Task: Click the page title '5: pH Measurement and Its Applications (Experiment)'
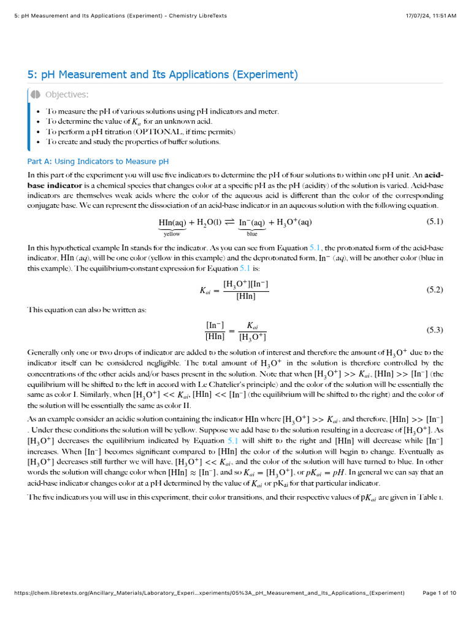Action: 163,75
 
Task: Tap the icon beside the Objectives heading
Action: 36,94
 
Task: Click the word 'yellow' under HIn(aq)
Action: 172,234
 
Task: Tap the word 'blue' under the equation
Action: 252,234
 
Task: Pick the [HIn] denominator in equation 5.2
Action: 245,296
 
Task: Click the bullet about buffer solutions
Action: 133,142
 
